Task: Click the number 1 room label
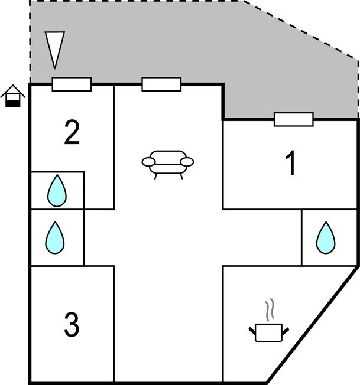(x=291, y=164)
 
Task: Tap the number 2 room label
(x=72, y=133)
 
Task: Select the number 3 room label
(x=72, y=324)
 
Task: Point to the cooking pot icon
(x=270, y=332)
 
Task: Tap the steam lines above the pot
(x=270, y=311)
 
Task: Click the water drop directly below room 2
(x=57, y=190)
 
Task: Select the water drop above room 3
(x=55, y=237)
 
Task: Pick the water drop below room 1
(x=325, y=237)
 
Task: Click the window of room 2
(x=72, y=84)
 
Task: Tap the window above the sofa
(x=161, y=84)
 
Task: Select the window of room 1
(x=294, y=119)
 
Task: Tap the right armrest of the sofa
(x=187, y=161)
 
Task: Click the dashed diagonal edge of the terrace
(x=301, y=30)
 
